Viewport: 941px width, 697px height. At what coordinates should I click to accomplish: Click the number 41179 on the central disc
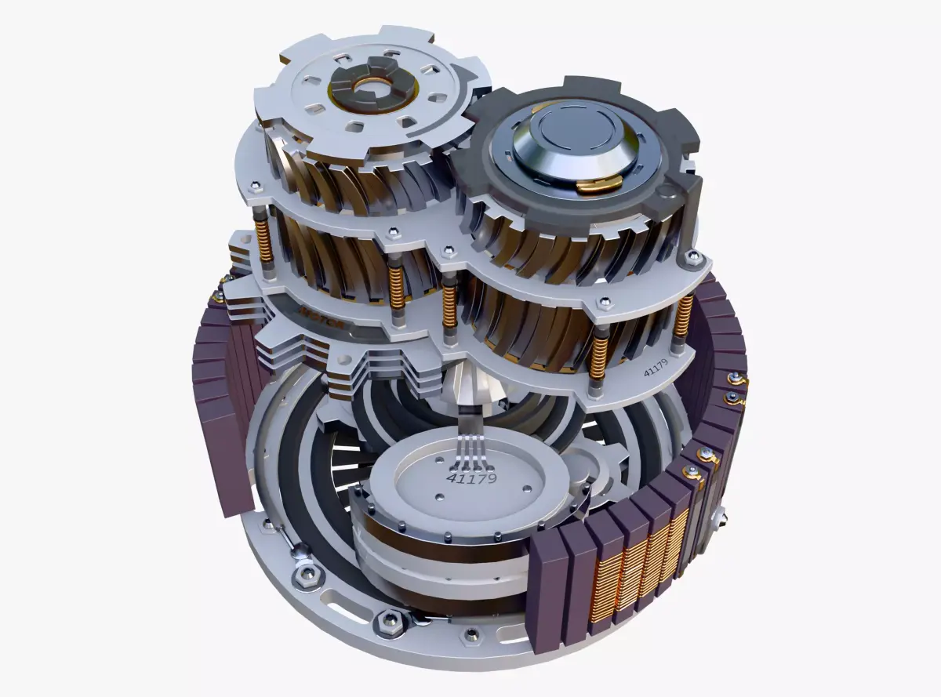[x=471, y=476]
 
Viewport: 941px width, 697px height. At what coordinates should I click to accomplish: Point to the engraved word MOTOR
[x=317, y=311]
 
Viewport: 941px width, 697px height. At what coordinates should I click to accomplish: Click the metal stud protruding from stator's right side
[x=720, y=514]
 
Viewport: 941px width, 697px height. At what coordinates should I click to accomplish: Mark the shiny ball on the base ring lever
[x=300, y=554]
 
